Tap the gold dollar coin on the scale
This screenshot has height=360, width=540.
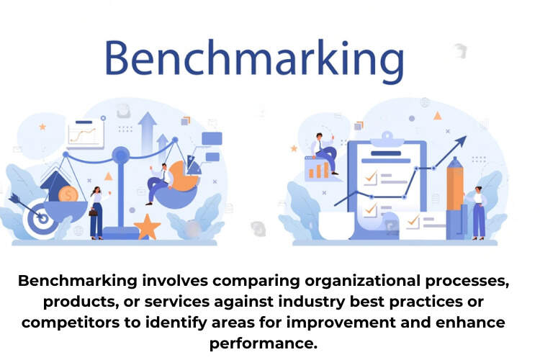[68, 194]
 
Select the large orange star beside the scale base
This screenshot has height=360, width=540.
[147, 227]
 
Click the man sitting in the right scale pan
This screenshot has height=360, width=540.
[160, 183]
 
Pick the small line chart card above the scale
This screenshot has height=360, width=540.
[85, 134]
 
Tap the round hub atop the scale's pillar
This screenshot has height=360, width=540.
[121, 153]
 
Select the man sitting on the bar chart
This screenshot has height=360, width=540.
[323, 150]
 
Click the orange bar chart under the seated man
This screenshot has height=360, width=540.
[318, 170]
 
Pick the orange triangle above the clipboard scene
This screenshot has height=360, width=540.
[437, 115]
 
